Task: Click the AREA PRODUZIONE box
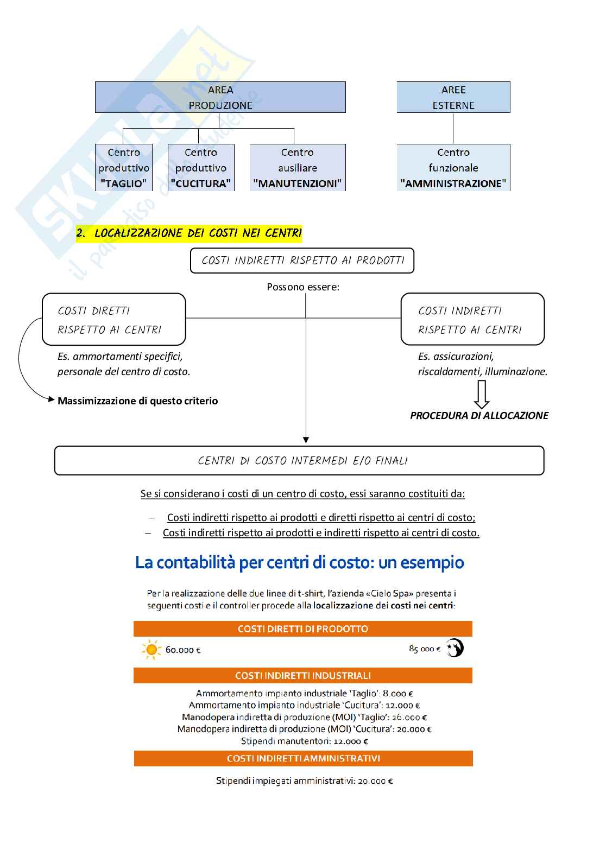[x=220, y=97]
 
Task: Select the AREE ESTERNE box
[x=453, y=97]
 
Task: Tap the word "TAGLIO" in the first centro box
[x=124, y=183]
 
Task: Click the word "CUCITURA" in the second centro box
[x=201, y=183]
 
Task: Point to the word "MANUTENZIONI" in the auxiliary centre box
[x=298, y=183]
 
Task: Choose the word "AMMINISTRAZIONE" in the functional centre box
[x=453, y=183]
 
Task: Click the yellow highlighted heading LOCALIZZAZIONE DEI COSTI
[x=189, y=233]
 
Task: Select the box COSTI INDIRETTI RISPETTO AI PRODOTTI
[x=302, y=261]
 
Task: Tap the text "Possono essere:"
[x=303, y=287]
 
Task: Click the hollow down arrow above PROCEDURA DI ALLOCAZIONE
[x=482, y=394]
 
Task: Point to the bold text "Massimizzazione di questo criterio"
[x=137, y=401]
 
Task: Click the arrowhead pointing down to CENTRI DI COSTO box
[x=306, y=440]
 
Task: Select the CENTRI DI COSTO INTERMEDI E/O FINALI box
[x=299, y=461]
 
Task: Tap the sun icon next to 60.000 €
[x=151, y=649]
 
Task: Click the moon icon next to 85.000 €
[x=455, y=648]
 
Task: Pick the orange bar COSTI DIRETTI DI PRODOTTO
[x=303, y=629]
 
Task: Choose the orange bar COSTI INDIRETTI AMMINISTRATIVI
[x=303, y=758]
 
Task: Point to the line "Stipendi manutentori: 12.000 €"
[x=305, y=741]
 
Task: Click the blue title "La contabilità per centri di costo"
[x=299, y=563]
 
